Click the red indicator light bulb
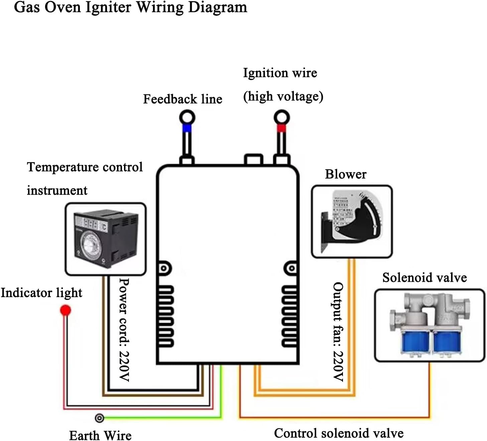[x=66, y=310]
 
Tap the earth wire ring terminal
[x=99, y=418]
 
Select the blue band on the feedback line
[x=187, y=128]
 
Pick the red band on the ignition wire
[x=281, y=128]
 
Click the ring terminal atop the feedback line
[x=187, y=117]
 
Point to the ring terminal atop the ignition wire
[x=281, y=117]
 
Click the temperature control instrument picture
[x=106, y=239]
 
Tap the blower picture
[x=352, y=221]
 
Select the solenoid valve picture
[x=430, y=325]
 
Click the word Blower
[x=346, y=174]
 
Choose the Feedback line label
[x=182, y=99]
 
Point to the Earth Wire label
[x=100, y=435]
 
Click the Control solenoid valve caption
[x=339, y=433]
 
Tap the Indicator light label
[x=41, y=293]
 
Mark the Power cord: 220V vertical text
[x=124, y=330]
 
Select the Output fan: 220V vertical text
[x=338, y=332]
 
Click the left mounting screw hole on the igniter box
[x=164, y=268]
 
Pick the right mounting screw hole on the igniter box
[x=291, y=268]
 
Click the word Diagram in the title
[x=218, y=7]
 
